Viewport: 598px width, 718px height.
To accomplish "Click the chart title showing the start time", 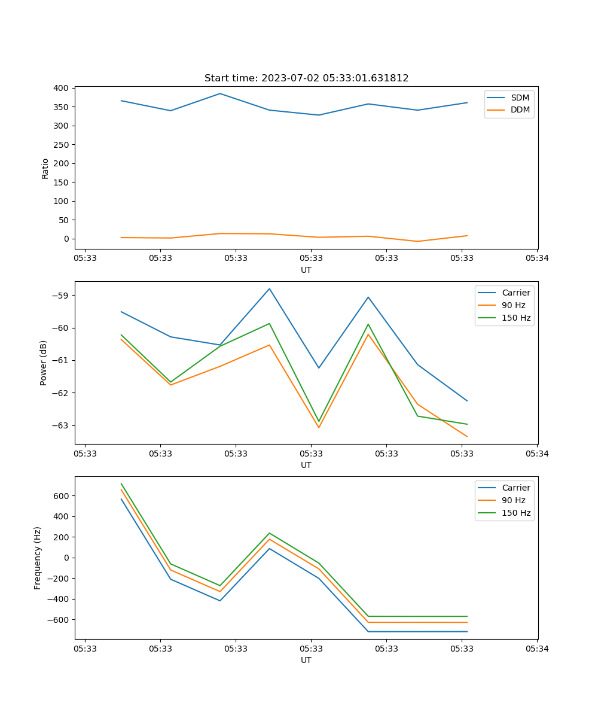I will coord(306,78).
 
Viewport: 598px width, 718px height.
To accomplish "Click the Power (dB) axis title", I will coord(44,363).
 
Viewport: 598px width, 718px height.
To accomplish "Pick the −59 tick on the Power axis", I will coord(62,296).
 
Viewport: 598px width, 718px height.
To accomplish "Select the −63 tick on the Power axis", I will coord(62,425).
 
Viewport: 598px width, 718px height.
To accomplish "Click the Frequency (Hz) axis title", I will coord(38,558).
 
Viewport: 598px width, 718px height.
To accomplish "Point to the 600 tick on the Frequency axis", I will coord(62,496).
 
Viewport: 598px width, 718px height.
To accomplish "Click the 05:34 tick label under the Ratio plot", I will coord(536,258).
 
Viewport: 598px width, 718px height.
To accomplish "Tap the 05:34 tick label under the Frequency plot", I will coord(536,649).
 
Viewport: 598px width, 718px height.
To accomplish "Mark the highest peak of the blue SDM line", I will coord(220,93).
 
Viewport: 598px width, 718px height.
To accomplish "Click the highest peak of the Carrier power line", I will coord(269,288).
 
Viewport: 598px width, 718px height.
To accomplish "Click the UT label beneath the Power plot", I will coord(306,465).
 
